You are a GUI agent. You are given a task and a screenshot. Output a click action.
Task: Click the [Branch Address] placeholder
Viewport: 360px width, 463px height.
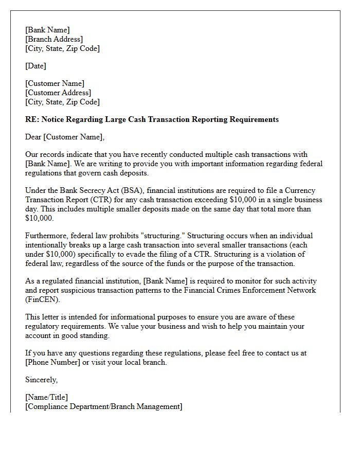pyautogui.click(x=54, y=39)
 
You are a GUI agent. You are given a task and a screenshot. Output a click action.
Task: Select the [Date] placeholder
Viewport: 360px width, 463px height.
pyautogui.click(x=35, y=66)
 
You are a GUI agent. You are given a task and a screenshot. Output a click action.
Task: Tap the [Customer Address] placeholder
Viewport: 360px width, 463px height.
pyautogui.click(x=58, y=93)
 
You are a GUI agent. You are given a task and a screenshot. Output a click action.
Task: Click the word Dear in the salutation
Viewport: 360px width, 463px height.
pyautogui.click(x=33, y=137)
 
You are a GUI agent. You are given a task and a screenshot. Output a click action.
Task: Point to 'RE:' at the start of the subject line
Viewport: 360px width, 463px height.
pyautogui.click(x=32, y=119)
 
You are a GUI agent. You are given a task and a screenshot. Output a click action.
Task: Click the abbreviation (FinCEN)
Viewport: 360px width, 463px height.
pyautogui.click(x=43, y=299)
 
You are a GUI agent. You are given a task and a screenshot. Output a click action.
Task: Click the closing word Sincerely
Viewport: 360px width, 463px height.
pyautogui.click(x=41, y=380)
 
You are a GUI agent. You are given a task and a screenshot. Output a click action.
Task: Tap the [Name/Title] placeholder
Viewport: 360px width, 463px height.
pyautogui.click(x=46, y=397)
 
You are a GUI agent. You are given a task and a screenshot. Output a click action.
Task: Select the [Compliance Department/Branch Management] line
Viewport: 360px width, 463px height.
pyautogui.click(x=103, y=406)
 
